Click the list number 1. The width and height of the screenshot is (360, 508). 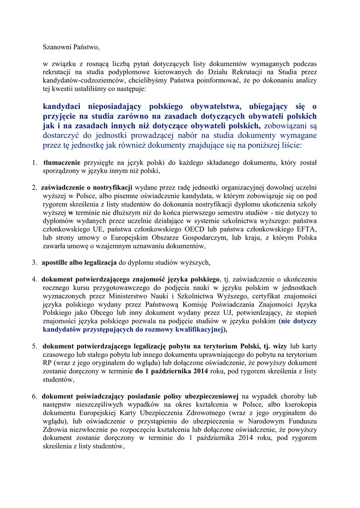click(35, 162)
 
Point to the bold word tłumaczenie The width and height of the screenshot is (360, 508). click(62, 162)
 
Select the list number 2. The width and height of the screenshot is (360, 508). click(35, 188)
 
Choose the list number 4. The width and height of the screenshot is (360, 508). click(35, 279)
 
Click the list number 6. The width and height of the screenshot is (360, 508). click(35, 397)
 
